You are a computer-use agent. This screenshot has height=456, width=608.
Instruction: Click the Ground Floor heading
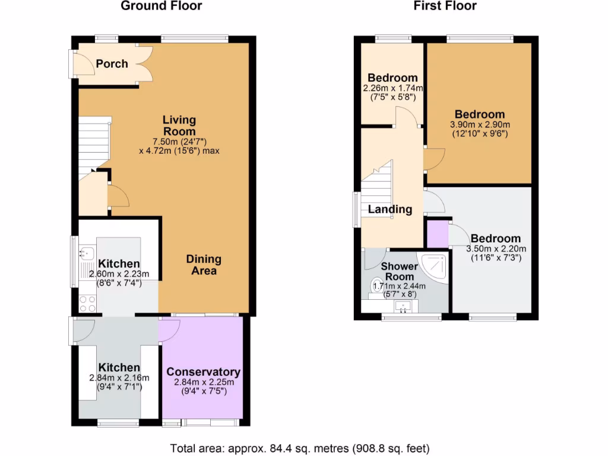point(161,7)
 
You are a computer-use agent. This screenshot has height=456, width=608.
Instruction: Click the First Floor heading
point(445,7)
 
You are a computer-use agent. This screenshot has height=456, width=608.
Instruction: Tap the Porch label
point(112,64)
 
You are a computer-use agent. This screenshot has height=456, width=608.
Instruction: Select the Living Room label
point(179,126)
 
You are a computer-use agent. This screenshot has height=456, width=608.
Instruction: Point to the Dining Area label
point(204,265)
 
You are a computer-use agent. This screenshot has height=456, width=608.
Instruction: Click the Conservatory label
point(203,372)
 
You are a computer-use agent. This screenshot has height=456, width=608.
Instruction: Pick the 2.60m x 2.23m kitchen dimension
point(119,274)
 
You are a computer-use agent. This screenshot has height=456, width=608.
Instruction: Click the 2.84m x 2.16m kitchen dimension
point(119,378)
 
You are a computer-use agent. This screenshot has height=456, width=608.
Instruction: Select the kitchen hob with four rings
point(87,304)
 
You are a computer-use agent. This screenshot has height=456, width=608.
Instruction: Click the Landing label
point(390,209)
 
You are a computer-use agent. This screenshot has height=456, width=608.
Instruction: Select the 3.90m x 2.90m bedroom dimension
point(480,125)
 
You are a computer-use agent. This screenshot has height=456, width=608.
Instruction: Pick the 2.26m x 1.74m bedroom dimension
point(392,88)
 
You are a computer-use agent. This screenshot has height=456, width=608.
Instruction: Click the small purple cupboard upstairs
point(438,233)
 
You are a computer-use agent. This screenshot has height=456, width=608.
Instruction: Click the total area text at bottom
point(300,448)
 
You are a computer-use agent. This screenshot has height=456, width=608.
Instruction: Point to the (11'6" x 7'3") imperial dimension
point(496,258)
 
